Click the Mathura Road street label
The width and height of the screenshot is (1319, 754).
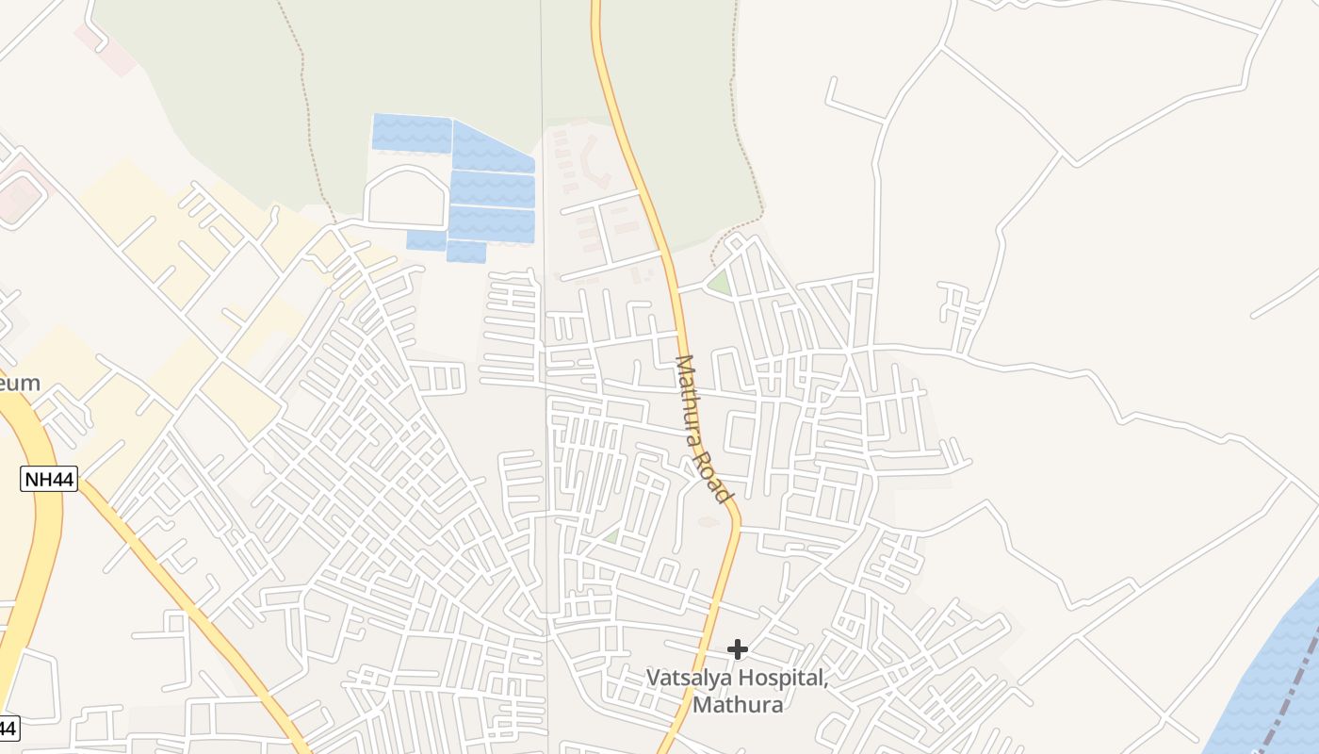pos(704,429)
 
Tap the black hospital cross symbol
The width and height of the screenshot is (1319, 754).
pos(738,648)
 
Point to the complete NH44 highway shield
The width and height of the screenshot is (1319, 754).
pos(49,479)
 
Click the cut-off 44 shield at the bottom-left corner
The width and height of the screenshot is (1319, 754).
pos(8,728)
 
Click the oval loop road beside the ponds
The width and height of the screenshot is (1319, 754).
pos(406,197)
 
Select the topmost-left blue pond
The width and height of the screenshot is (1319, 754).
pos(412,132)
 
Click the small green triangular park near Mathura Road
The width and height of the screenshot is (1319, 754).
pos(721,283)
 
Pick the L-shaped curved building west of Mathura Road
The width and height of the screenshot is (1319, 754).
pos(591,163)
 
